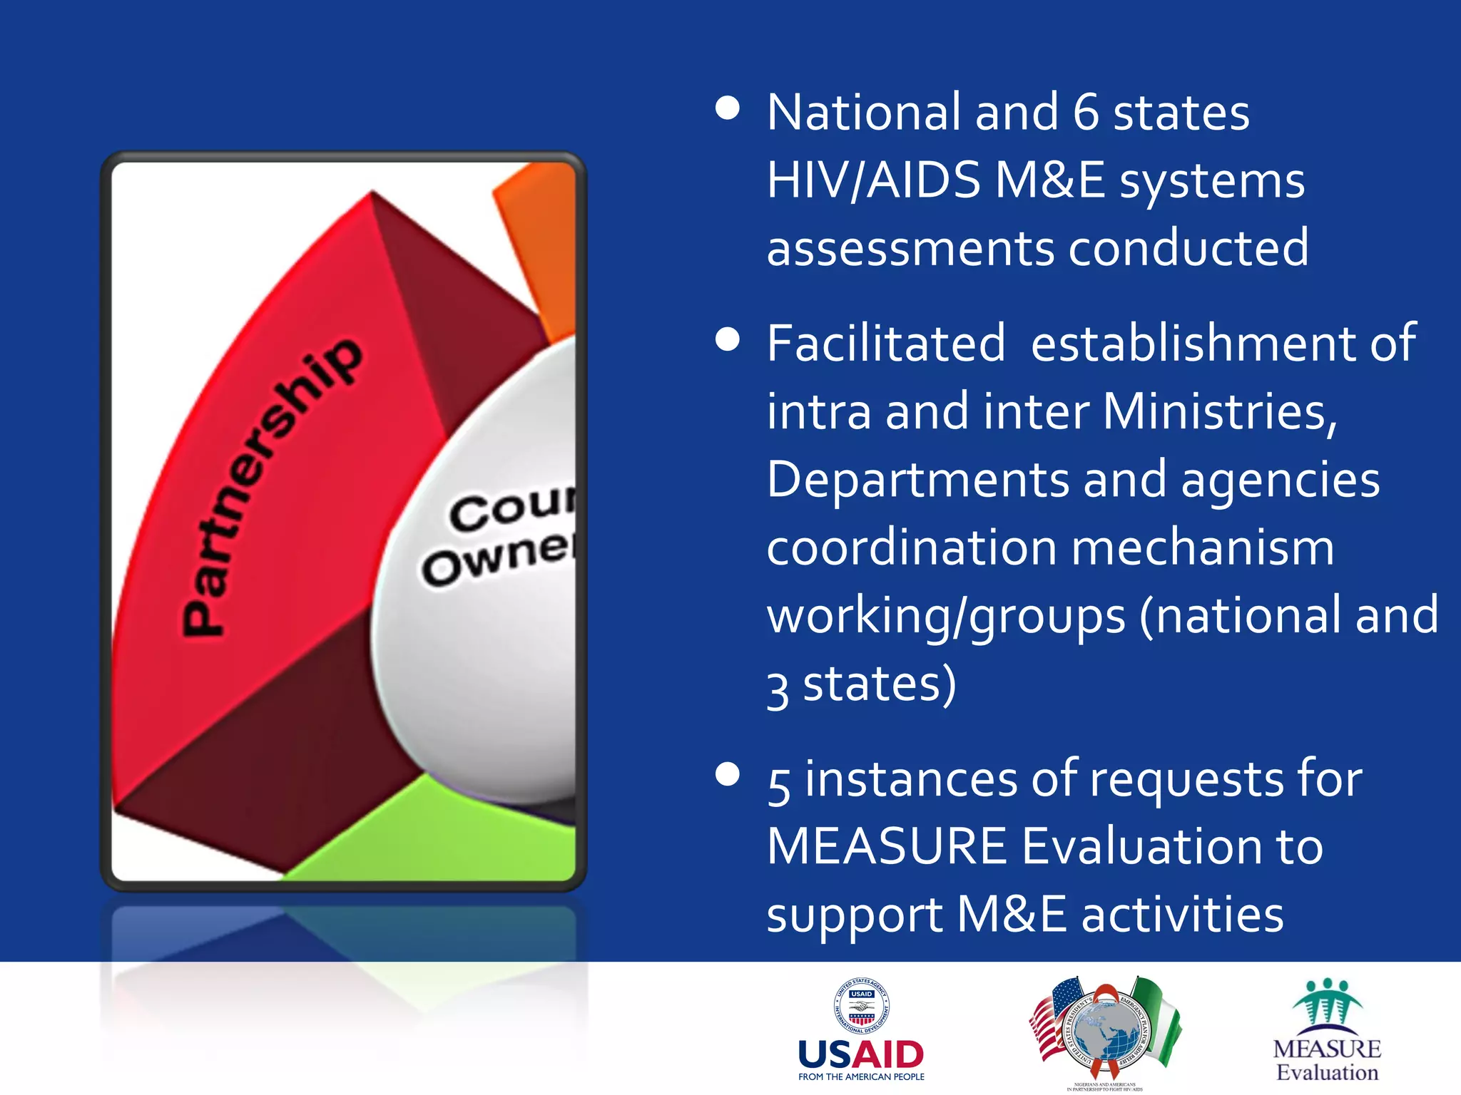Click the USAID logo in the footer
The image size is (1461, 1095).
[861, 1030]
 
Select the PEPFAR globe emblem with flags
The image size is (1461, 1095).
[1105, 1030]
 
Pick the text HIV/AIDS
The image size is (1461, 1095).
[874, 180]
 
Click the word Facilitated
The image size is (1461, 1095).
[886, 344]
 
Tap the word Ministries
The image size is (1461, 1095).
[1219, 412]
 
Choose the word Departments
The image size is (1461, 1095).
[918, 480]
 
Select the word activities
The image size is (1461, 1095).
[1182, 915]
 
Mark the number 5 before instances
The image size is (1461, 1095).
[779, 784]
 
